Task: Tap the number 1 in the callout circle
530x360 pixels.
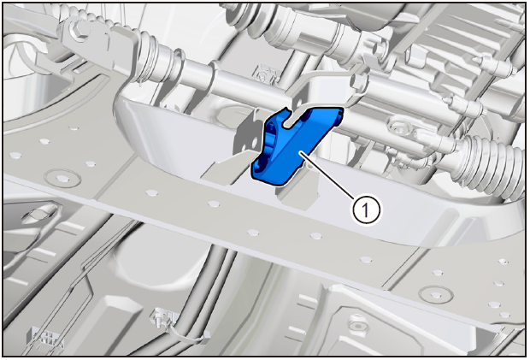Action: [x=366, y=210]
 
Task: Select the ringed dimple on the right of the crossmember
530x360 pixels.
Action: [x=436, y=294]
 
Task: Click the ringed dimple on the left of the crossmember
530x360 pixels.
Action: [x=62, y=178]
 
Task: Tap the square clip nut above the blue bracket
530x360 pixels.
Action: [x=263, y=74]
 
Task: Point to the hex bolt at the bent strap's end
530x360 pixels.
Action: [x=357, y=80]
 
